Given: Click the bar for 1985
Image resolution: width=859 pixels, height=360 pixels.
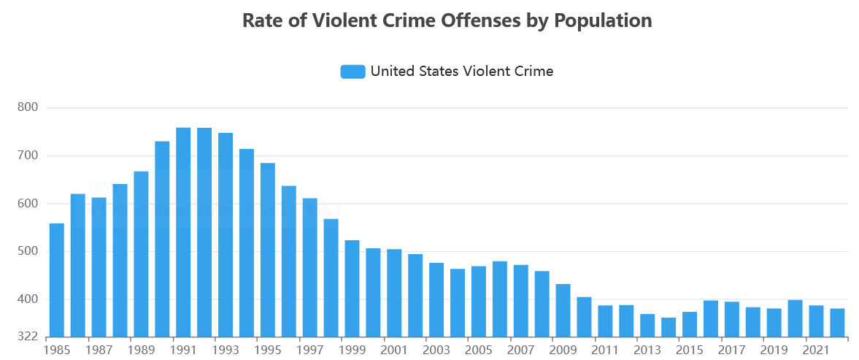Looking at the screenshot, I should [x=57, y=280].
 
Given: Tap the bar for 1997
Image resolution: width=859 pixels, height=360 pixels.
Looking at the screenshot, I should [x=310, y=267].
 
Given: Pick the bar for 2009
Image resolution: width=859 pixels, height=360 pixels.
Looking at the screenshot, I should [x=563, y=310].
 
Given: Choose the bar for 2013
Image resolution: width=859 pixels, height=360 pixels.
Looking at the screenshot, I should [x=647, y=326].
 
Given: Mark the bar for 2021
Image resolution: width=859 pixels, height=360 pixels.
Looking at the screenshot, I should [x=816, y=321].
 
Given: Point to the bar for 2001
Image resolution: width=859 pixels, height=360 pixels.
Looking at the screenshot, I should [x=394, y=293].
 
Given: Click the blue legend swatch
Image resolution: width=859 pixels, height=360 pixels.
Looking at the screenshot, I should [x=353, y=72].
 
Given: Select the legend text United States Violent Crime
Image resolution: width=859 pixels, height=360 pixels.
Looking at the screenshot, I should [x=462, y=72].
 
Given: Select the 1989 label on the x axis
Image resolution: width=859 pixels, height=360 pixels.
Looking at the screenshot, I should [x=141, y=350].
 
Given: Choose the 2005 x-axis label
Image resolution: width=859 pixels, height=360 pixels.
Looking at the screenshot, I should [x=479, y=350].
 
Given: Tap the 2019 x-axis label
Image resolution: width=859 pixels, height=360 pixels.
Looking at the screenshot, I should [x=774, y=350].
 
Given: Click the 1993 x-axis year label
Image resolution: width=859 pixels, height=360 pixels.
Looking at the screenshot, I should [x=226, y=350].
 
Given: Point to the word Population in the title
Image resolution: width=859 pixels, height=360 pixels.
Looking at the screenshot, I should [x=603, y=20].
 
